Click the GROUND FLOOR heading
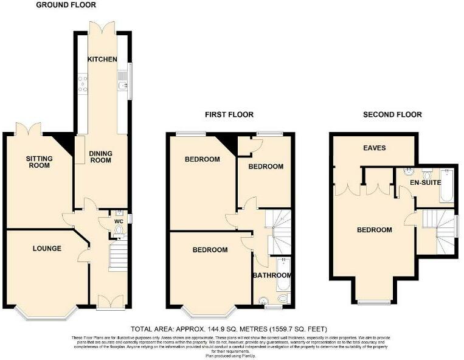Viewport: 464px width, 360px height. tap(66, 5)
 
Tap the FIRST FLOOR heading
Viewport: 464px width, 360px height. tap(229, 114)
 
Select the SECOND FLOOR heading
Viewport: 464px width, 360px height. tap(392, 114)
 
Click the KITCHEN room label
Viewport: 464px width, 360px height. tap(102, 60)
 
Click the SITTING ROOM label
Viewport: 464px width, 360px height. tap(39, 162)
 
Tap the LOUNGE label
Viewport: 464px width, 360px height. tap(47, 248)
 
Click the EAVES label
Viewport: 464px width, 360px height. tap(374, 148)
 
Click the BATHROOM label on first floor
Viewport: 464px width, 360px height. tap(272, 275)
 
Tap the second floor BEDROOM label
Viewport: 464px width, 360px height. tap(374, 230)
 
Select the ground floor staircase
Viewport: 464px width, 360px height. tap(118, 255)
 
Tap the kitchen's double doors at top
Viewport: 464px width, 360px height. tap(101, 28)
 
